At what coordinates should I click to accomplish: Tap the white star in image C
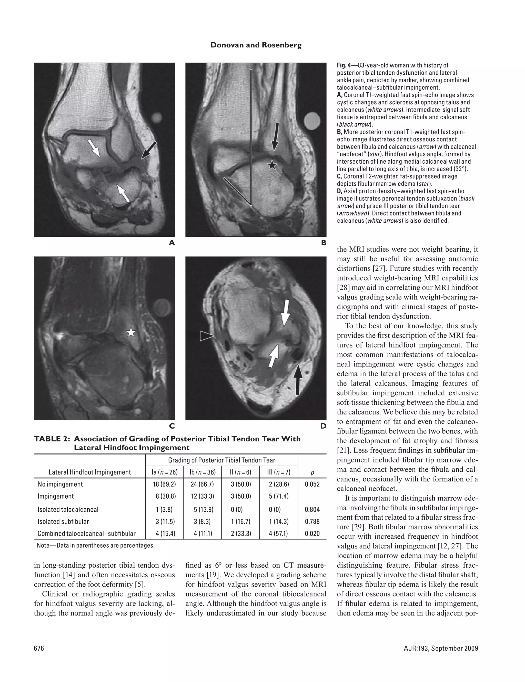(x=131, y=333)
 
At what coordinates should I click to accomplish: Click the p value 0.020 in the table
(x=312, y=533)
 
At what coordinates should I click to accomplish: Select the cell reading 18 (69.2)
(x=164, y=484)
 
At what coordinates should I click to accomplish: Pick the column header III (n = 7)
(x=278, y=472)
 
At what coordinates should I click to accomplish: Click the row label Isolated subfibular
(x=63, y=521)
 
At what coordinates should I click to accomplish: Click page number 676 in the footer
(x=39, y=648)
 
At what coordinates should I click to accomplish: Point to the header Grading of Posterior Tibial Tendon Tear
(x=221, y=460)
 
